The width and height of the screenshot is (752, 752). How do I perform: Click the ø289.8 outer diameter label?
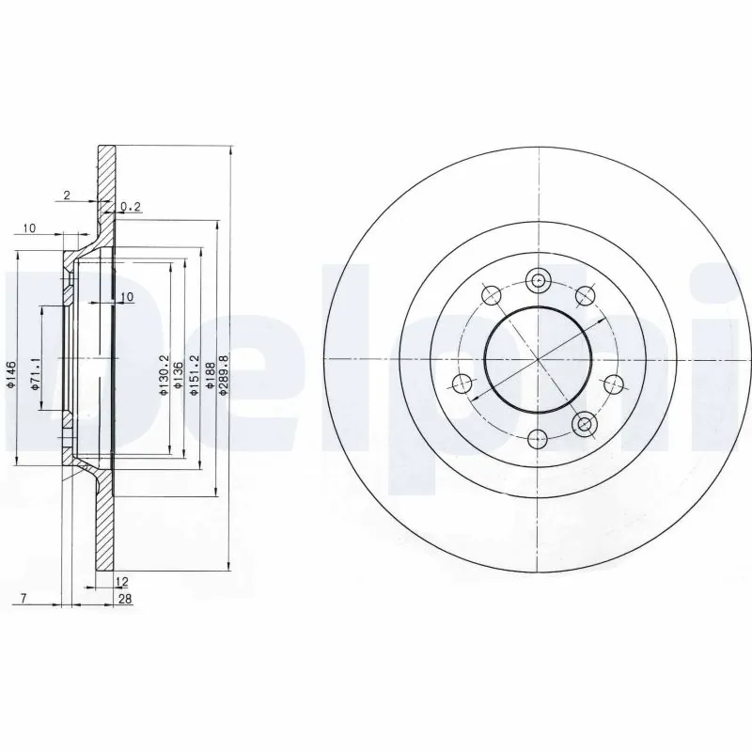coord(223,374)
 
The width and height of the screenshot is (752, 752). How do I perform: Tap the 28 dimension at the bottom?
coord(123,599)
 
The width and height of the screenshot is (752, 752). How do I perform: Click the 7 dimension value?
coord(21,598)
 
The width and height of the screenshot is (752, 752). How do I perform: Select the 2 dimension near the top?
coord(66,195)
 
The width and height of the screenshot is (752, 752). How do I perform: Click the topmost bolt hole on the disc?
coord(538,279)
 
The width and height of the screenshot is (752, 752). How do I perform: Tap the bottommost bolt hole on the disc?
coord(538,438)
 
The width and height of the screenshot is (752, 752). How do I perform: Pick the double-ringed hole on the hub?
coord(586,425)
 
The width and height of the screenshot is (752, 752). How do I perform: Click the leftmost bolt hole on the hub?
coord(461,383)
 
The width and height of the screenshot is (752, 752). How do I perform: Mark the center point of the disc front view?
coord(538,359)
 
